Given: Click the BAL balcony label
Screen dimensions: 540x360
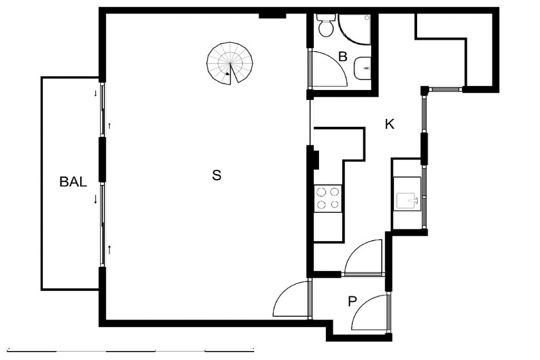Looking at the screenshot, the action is (73, 182).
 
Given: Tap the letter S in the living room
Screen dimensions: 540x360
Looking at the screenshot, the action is (216, 175).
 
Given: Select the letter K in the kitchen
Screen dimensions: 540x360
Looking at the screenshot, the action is (390, 124).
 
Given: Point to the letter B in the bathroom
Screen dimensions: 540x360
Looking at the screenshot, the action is (342, 57).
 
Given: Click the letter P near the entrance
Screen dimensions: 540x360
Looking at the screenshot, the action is (352, 301).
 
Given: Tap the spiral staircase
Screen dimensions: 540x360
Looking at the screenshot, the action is (230, 63).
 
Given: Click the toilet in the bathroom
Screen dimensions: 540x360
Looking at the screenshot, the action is (326, 25).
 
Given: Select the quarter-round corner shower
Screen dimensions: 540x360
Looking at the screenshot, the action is (355, 29).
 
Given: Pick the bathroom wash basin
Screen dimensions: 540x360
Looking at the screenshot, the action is (362, 68).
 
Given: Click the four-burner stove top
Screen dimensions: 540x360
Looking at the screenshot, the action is (328, 198).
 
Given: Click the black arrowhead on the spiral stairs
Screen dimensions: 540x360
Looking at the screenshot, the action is (227, 74).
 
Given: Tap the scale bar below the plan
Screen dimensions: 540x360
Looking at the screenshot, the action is (130, 351).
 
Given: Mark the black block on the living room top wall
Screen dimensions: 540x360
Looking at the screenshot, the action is (272, 16).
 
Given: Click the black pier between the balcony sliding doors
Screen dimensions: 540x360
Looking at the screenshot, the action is (102, 160).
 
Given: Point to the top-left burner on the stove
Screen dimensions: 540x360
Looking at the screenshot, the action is (321, 192).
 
